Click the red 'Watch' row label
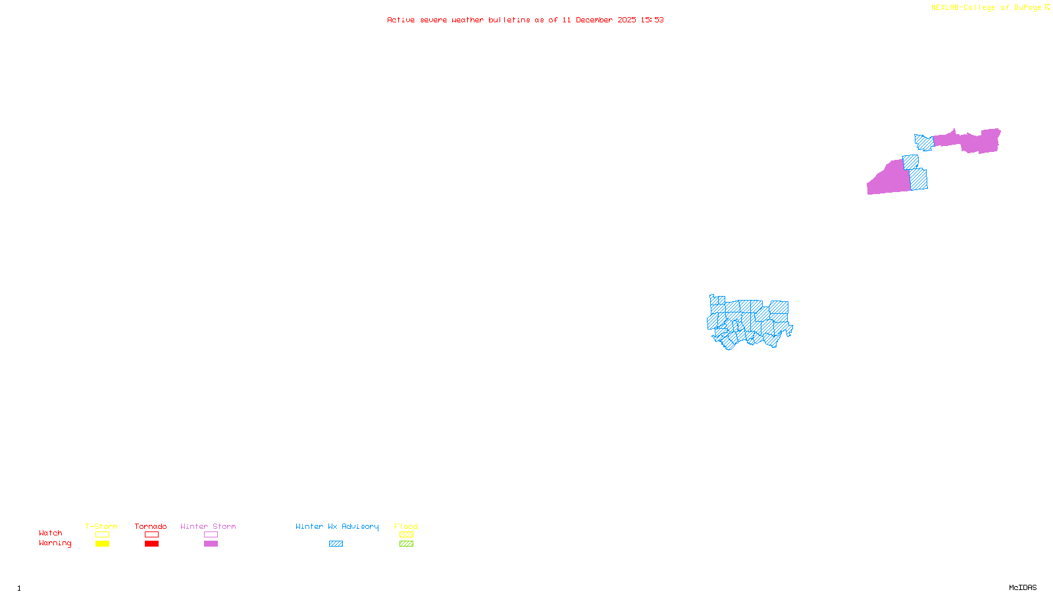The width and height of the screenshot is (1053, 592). [x=51, y=533]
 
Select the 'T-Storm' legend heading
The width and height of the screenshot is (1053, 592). [x=101, y=526]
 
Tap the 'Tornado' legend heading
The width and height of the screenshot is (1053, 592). [x=151, y=526]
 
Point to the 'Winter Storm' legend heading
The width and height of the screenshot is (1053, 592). [x=208, y=526]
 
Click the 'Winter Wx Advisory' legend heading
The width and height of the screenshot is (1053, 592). [x=337, y=526]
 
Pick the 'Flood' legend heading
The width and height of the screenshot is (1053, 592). [x=406, y=526]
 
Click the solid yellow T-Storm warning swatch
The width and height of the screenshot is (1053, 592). [x=102, y=544]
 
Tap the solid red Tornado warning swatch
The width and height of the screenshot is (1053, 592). [x=151, y=544]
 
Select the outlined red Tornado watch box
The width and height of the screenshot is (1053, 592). [x=151, y=535]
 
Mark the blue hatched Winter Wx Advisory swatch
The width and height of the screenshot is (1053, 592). [x=336, y=544]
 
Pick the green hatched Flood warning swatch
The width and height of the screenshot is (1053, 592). [x=406, y=544]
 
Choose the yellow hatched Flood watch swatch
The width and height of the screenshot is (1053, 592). [x=406, y=535]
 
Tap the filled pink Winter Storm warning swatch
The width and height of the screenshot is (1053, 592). [x=211, y=544]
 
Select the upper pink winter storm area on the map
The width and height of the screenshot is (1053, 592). [x=974, y=141]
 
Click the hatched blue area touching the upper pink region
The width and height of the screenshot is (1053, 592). [x=924, y=142]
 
